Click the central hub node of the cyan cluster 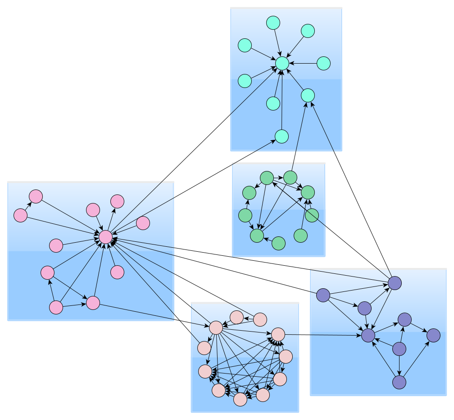pyautogui.click(x=282, y=64)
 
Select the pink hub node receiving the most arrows pyautogui.click(x=105, y=237)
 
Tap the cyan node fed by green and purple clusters pyautogui.click(x=308, y=95)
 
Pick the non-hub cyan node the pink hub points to pyautogui.click(x=281, y=136)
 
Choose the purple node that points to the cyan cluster pyautogui.click(x=395, y=283)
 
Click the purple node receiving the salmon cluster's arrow pyautogui.click(x=368, y=335)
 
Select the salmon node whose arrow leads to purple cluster pyautogui.click(x=278, y=334)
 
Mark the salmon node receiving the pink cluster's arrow pyautogui.click(x=216, y=328)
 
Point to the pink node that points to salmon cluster pyautogui.click(x=93, y=303)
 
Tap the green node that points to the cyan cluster pyautogui.click(x=291, y=177)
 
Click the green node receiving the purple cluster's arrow pyautogui.click(x=267, y=178)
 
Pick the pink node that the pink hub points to pyautogui.click(x=117, y=201)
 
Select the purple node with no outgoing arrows pyautogui.click(x=433, y=335)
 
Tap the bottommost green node pyautogui.click(x=279, y=243)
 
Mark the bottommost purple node pyautogui.click(x=399, y=382)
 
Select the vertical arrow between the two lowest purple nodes pyautogui.click(x=399, y=365)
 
